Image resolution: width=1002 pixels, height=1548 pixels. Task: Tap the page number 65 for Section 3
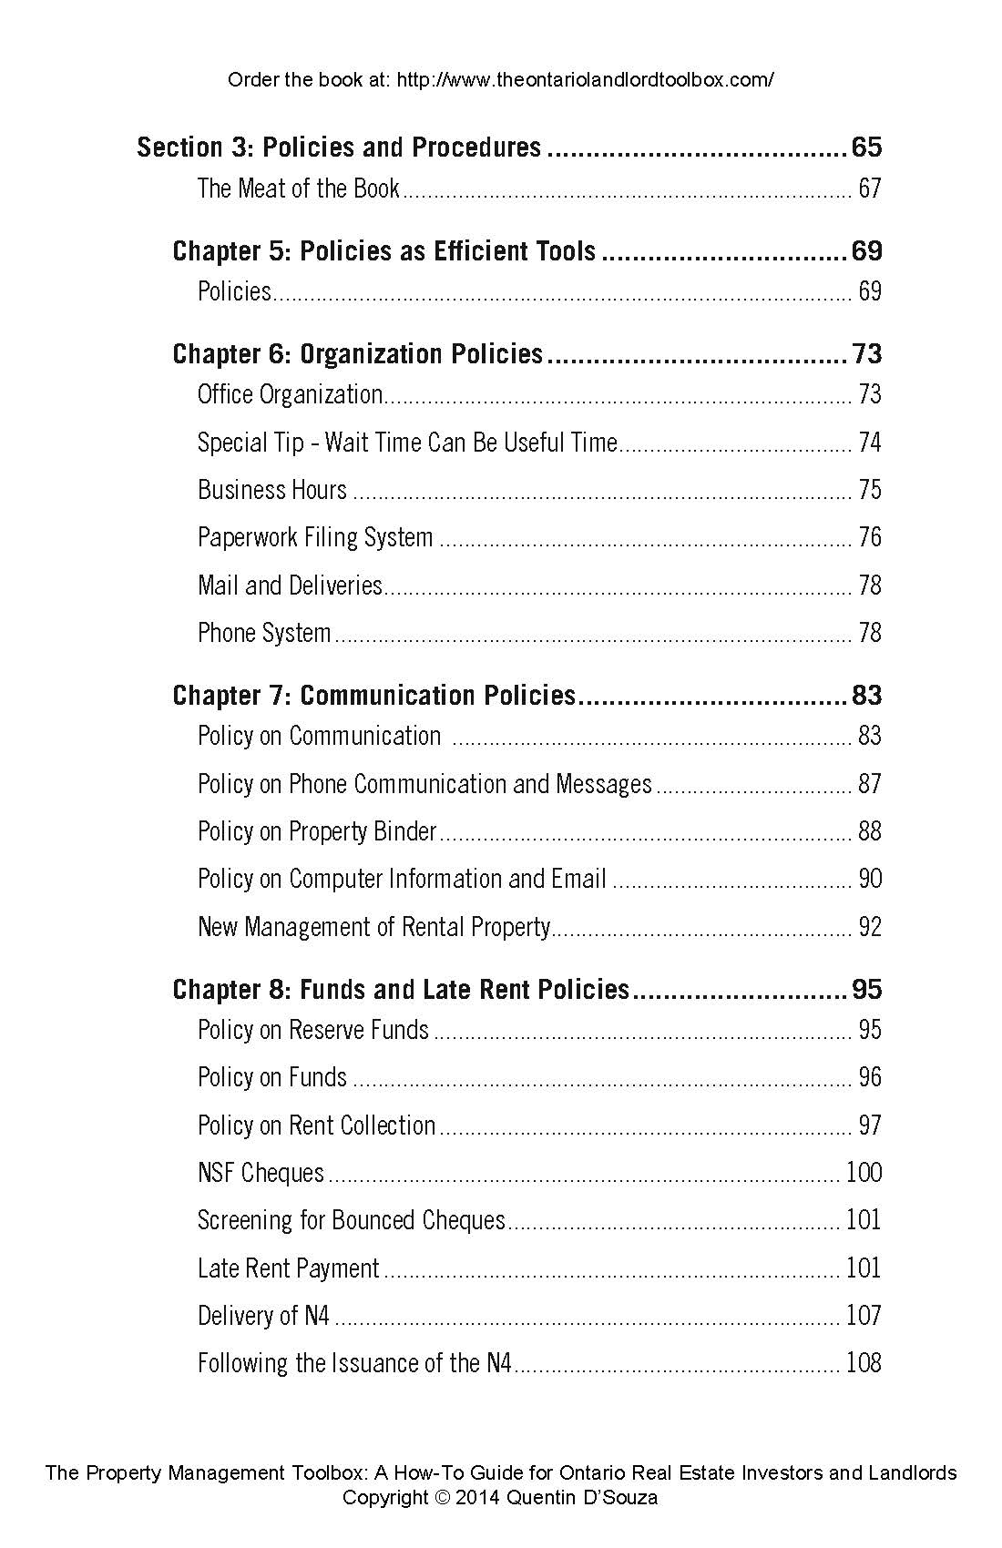pyautogui.click(x=865, y=148)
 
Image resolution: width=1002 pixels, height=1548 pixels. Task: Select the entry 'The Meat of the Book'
pyautogui.click(x=298, y=188)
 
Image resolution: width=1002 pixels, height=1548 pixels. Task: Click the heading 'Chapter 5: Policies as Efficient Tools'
pyautogui.click(x=383, y=251)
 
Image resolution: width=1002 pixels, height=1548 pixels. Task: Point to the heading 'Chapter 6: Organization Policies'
pyautogui.click(x=357, y=354)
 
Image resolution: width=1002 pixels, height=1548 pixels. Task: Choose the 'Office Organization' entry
pyautogui.click(x=290, y=394)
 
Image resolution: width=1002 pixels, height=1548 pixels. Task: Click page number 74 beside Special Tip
pyautogui.click(x=870, y=443)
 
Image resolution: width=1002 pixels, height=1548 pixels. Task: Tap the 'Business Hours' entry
pyautogui.click(x=272, y=490)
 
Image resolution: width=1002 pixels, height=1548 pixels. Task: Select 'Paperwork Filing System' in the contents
pyautogui.click(x=315, y=537)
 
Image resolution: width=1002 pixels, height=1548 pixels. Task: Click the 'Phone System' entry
pyautogui.click(x=264, y=633)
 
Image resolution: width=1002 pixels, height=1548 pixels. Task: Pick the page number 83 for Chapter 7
pyautogui.click(x=866, y=696)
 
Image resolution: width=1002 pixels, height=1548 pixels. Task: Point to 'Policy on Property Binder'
pyautogui.click(x=317, y=831)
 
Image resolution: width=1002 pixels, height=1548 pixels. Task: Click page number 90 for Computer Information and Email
pyautogui.click(x=870, y=879)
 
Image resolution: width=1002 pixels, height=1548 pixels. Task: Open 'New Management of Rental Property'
pyautogui.click(x=373, y=927)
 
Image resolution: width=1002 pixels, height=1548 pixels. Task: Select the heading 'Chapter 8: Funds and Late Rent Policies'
pyautogui.click(x=401, y=990)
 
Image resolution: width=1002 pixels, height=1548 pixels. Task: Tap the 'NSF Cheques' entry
pyautogui.click(x=261, y=1173)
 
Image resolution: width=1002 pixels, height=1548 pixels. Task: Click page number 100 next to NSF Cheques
pyautogui.click(x=864, y=1173)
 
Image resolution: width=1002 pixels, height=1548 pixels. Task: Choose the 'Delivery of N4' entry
pyautogui.click(x=263, y=1316)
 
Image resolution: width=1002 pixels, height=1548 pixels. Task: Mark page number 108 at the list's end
pyautogui.click(x=864, y=1363)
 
